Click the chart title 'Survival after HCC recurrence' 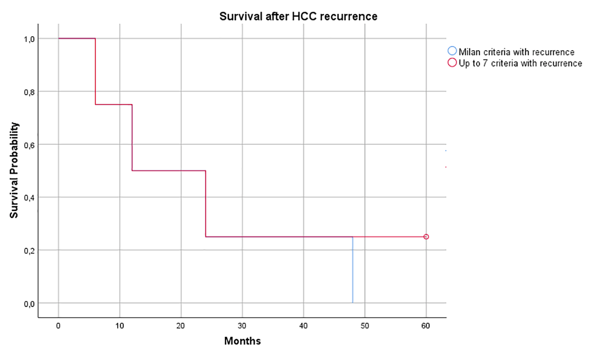(298, 17)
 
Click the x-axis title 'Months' (242, 341)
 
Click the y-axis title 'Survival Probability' (15, 170)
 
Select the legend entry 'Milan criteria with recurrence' (516, 52)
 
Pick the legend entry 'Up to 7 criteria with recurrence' (520, 64)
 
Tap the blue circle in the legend (453, 51)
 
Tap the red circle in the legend (453, 63)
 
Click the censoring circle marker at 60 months (426, 237)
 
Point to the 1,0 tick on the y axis (29, 39)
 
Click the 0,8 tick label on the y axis (29, 92)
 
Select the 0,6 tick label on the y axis (29, 145)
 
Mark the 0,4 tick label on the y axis (29, 198)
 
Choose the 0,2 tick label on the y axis (29, 251)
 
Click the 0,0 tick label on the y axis (29, 303)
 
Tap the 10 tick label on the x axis (119, 326)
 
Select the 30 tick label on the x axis (242, 326)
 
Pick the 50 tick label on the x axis (365, 326)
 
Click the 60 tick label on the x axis (426, 326)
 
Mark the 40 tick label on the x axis (303, 326)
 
